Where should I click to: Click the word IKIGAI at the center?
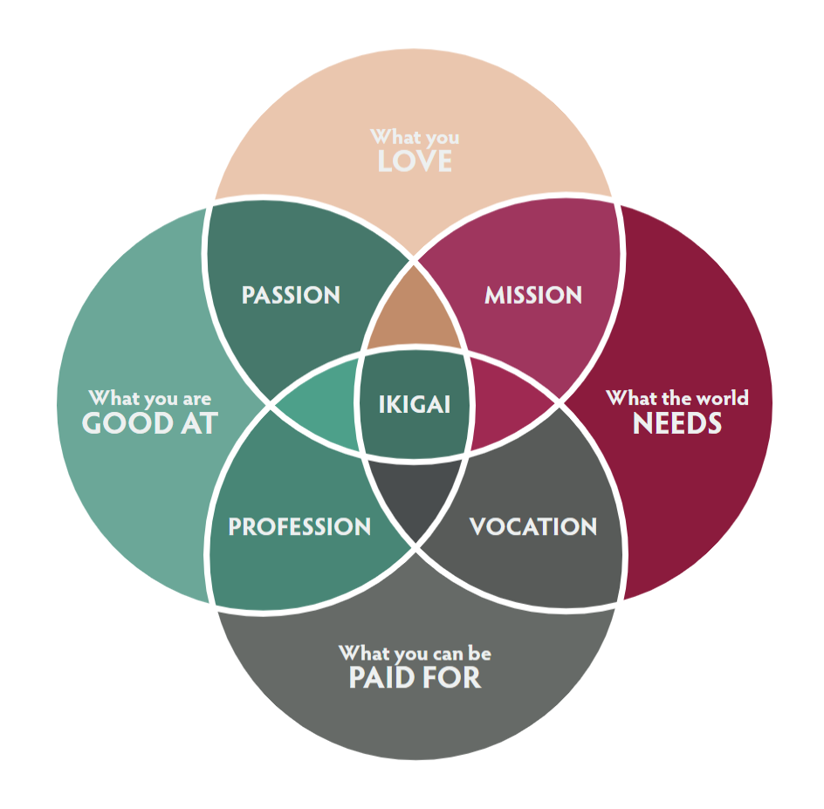[x=414, y=405]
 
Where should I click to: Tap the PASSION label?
[x=291, y=295]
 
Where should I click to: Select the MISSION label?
[x=533, y=295]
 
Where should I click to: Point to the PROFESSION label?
[x=299, y=527]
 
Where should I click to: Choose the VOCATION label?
[x=533, y=527]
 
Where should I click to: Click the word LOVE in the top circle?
[x=415, y=161]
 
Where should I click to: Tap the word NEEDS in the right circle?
[x=676, y=423]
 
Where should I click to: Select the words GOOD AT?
[x=150, y=423]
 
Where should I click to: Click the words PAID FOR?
[x=415, y=678]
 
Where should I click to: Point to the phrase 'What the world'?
[x=676, y=398]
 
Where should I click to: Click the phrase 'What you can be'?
[x=415, y=653]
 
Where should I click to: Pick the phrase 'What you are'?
[x=150, y=398]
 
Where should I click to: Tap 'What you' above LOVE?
[x=415, y=137]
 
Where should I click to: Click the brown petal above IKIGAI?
[x=414, y=315]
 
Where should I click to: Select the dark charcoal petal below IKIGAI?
[x=415, y=494]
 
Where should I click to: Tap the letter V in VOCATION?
[x=478, y=527]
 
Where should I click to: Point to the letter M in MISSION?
[x=495, y=295]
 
